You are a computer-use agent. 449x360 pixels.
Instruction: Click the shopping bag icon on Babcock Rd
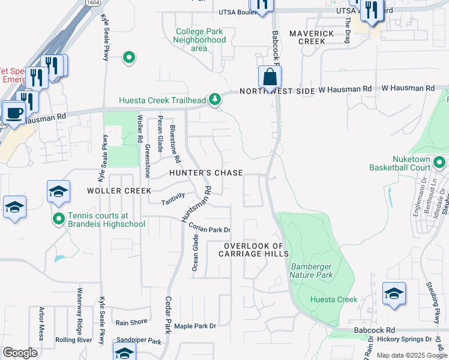(270, 77)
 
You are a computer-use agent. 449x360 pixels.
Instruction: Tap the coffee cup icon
(14, 112)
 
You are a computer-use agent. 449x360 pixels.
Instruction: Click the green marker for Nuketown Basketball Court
(439, 162)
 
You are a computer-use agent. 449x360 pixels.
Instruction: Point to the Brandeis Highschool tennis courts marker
(58, 219)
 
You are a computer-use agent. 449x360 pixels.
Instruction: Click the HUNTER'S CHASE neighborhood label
(206, 173)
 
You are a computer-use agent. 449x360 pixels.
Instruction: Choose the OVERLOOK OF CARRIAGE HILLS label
(253, 250)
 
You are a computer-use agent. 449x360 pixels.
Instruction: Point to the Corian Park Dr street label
(209, 228)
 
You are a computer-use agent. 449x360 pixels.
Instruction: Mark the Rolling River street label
(73, 340)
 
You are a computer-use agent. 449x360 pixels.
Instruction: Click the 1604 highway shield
(92, 3)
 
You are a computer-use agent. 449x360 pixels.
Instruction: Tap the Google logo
(20, 353)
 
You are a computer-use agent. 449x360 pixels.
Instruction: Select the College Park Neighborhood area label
(199, 40)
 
